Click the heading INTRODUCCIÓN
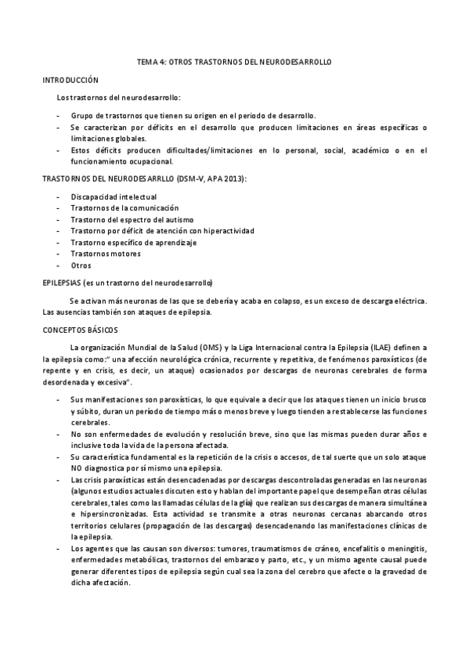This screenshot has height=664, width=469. [70, 80]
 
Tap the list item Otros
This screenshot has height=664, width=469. [81, 265]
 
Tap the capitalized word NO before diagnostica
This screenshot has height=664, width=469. [76, 467]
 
